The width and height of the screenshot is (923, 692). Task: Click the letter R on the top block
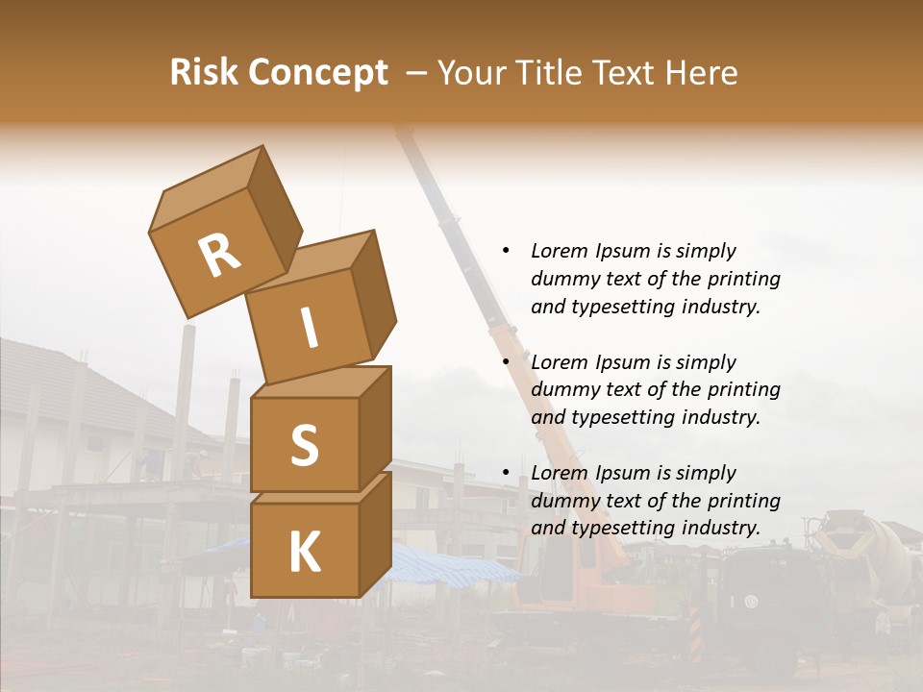[219, 255]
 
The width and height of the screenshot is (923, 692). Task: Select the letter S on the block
[304, 445]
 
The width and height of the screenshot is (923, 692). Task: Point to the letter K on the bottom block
[304, 552]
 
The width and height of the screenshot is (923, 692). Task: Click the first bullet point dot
[506, 251]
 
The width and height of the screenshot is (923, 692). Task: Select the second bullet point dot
[506, 362]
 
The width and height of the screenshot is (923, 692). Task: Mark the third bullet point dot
[506, 473]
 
